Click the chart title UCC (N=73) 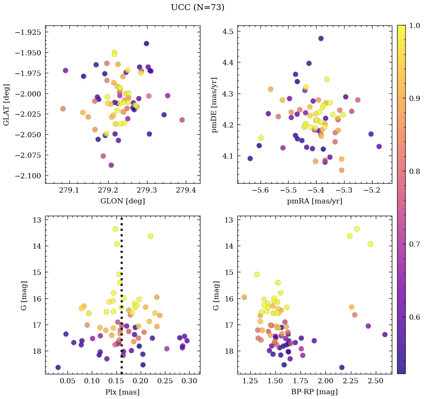tap(197, 7)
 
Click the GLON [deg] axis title tap(122, 201)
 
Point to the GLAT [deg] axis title tap(6, 104)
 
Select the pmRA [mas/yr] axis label tap(314, 201)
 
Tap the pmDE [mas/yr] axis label tap(215, 104)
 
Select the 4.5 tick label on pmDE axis tap(228, 31)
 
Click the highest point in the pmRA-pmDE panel tap(321, 39)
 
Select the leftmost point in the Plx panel tap(58, 367)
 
